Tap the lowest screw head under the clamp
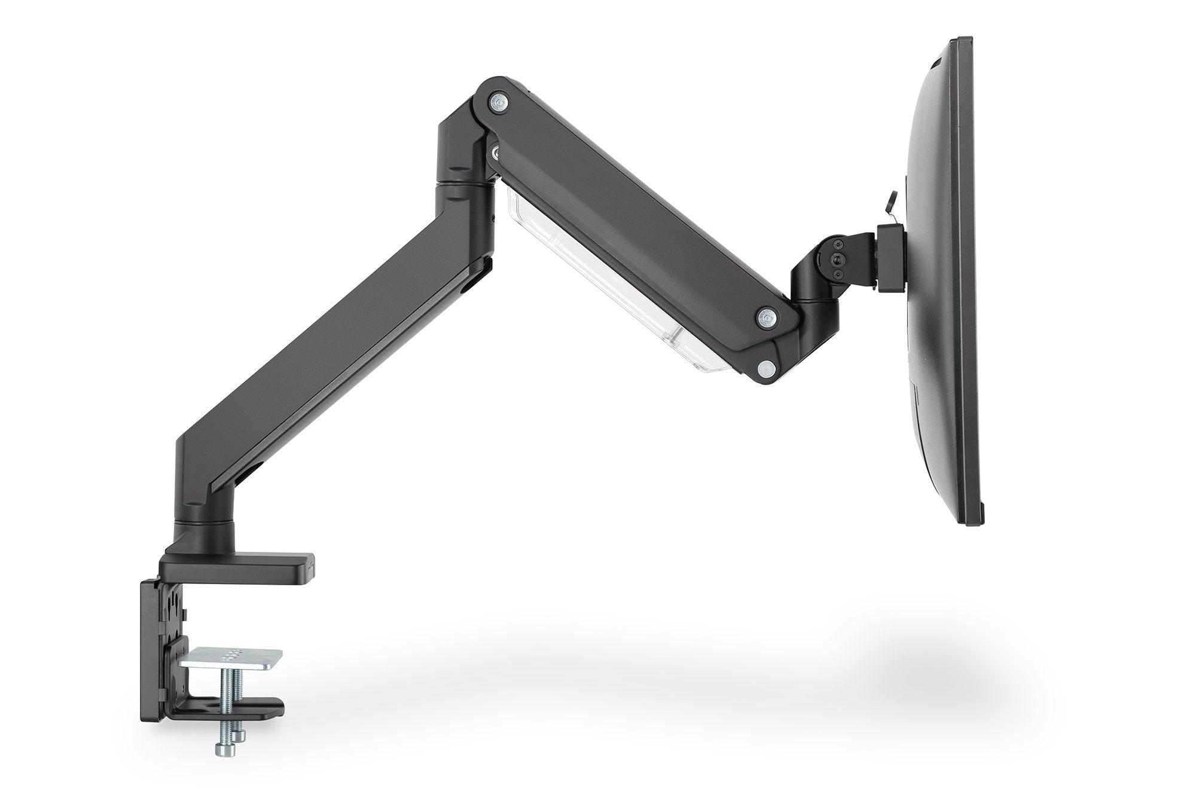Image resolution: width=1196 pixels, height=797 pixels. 222,747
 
